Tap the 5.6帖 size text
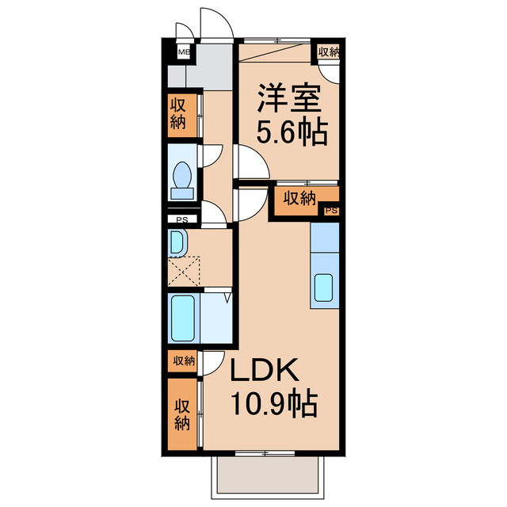click(x=290, y=132)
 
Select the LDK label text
click(x=265, y=372)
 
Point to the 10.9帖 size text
click(x=273, y=406)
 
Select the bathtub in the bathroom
click(x=183, y=318)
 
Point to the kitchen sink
click(x=325, y=288)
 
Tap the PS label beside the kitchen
click(x=331, y=211)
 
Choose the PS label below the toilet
click(x=182, y=219)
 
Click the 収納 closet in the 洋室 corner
click(x=328, y=52)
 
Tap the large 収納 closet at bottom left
click(x=182, y=414)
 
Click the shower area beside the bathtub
click(x=215, y=317)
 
